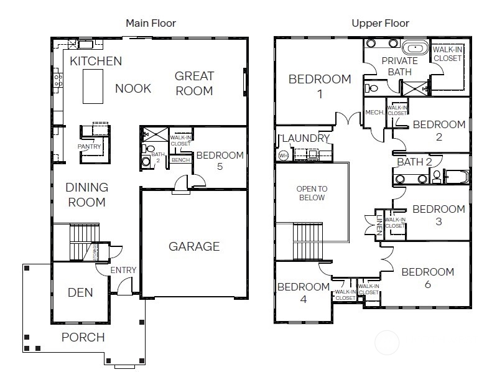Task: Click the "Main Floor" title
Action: point(151,24)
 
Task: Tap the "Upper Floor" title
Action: point(380,24)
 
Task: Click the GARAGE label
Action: point(194,246)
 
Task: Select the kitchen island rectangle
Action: point(93,86)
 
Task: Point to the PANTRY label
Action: point(89,147)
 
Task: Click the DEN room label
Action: point(80,292)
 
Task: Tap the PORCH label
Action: point(83,337)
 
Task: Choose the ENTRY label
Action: point(123,270)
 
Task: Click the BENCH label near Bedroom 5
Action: point(180,160)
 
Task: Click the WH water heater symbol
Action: point(284,155)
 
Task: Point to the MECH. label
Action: point(374,113)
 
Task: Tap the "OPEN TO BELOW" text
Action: point(312,193)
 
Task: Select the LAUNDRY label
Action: point(304,138)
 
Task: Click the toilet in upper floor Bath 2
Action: point(437,177)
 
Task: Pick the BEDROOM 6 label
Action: point(427,278)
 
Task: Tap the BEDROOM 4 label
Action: point(303,292)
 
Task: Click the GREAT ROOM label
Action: point(193,83)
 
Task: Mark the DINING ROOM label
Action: point(86,195)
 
